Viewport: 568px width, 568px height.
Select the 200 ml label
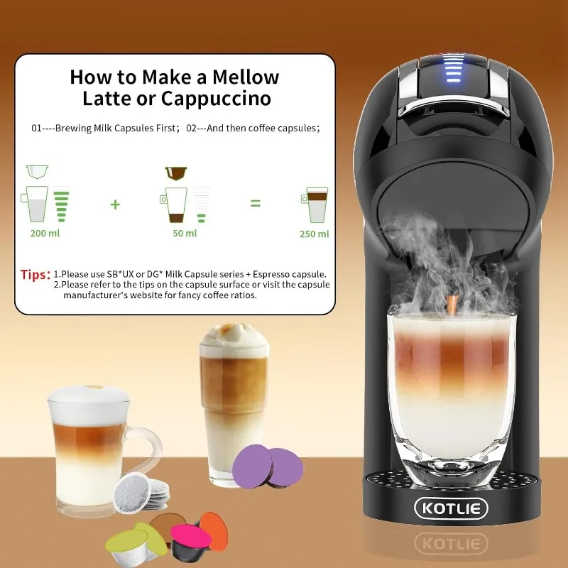tap(45, 234)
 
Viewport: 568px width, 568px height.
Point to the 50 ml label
tap(185, 234)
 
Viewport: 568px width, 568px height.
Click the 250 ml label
tap(314, 234)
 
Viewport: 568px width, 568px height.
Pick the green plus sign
tap(115, 204)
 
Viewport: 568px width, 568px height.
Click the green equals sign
tap(255, 204)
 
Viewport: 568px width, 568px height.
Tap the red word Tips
tap(35, 275)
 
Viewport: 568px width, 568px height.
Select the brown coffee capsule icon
tap(175, 173)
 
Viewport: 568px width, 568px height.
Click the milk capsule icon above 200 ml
tap(37, 171)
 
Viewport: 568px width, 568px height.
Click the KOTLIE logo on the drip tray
tap(452, 508)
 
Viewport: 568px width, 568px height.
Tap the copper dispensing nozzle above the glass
tap(452, 305)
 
